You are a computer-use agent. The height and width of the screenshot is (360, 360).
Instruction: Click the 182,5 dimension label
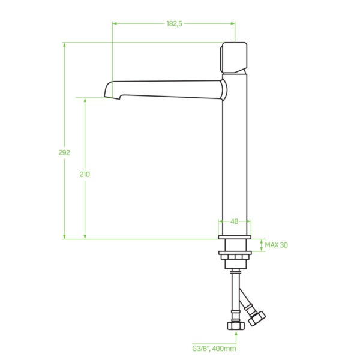pos(175,23)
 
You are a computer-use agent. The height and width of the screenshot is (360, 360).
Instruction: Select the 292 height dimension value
pos(64,152)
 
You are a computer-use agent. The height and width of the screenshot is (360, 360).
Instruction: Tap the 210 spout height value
pos(85,175)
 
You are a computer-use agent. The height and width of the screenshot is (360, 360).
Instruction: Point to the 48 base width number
pos(234,221)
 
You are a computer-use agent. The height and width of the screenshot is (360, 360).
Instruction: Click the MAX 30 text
pos(276,245)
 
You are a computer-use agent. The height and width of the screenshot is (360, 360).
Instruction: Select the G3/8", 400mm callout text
pos(214,349)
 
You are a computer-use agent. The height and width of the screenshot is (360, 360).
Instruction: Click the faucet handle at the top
pos(233,58)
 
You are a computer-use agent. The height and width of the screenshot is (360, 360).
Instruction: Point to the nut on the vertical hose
pos(236,325)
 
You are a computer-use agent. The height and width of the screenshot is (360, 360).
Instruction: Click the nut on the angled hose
pos(257,318)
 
